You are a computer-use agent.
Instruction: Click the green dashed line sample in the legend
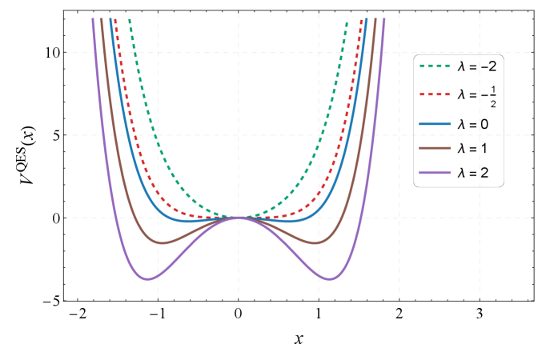(x=435, y=66)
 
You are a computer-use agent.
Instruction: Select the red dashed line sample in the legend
(x=435, y=94)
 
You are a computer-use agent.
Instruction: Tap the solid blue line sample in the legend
(x=435, y=124)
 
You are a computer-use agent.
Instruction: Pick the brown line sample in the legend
(x=435, y=148)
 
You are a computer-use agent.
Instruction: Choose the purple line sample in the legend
(x=435, y=173)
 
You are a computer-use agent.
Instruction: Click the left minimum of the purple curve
(x=147, y=278)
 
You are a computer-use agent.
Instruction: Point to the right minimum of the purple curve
(x=330, y=278)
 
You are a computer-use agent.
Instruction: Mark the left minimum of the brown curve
(x=161, y=242)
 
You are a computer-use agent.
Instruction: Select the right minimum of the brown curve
(x=316, y=242)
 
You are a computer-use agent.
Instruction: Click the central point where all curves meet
(x=239, y=217)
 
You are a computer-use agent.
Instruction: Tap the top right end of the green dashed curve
(x=347, y=22)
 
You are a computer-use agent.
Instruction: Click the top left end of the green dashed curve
(x=130, y=18)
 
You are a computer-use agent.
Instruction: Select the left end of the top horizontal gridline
(x=66, y=53)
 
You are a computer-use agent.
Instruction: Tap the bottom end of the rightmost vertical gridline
(x=480, y=298)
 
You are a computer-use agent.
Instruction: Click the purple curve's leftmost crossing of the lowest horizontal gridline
(x=110, y=218)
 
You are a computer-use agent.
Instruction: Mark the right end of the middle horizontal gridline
(x=530, y=135)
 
